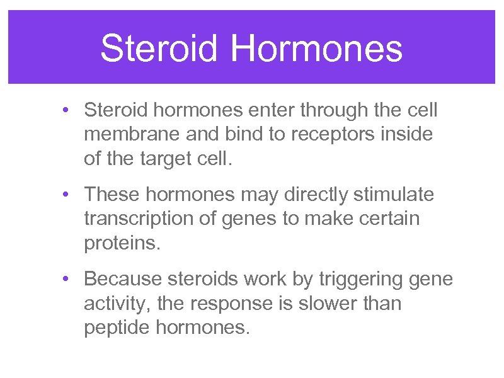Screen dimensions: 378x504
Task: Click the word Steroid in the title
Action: pyautogui.click(x=159, y=49)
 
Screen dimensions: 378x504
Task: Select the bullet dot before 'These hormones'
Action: pyautogui.click(x=67, y=195)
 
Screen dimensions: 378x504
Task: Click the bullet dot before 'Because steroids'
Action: pyautogui.click(x=67, y=278)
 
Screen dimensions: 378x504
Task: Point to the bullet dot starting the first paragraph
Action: pyautogui.click(x=67, y=111)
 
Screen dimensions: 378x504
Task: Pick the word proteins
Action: pyautogui.click(x=122, y=244)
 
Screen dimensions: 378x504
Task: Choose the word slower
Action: pyautogui.click(x=340, y=303)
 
